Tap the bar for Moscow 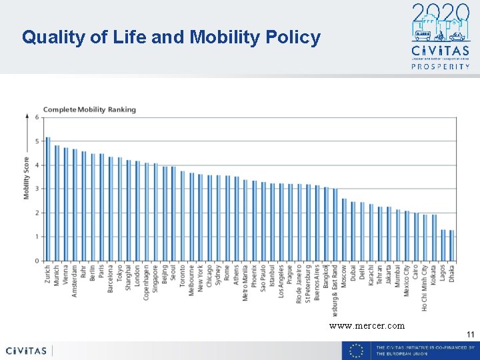[x=344, y=229]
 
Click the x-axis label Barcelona [x=111, y=281]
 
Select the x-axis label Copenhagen [x=147, y=283]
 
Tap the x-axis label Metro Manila [x=245, y=284]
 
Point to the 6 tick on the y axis [x=37, y=118]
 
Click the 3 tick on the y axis [x=37, y=189]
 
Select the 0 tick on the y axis [x=37, y=261]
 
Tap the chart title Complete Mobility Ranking [x=89, y=109]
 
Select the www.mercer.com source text [x=366, y=326]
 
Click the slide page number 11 [x=470, y=335]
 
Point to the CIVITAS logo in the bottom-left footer [x=26, y=351]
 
